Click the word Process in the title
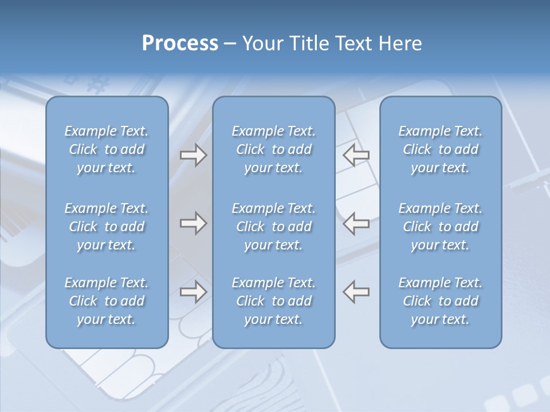[180, 43]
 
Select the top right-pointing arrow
[193, 154]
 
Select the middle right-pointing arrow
[193, 223]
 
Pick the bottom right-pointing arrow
[193, 292]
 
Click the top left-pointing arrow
[356, 154]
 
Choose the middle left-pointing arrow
[356, 223]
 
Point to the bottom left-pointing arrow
[356, 292]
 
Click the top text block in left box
[107, 149]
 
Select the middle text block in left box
[107, 227]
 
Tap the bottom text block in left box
[107, 301]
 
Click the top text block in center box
[273, 149]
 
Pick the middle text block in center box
[273, 227]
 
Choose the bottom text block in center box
[273, 301]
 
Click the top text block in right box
[440, 149]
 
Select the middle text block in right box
[440, 227]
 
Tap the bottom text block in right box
[440, 301]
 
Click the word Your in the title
[262, 43]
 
